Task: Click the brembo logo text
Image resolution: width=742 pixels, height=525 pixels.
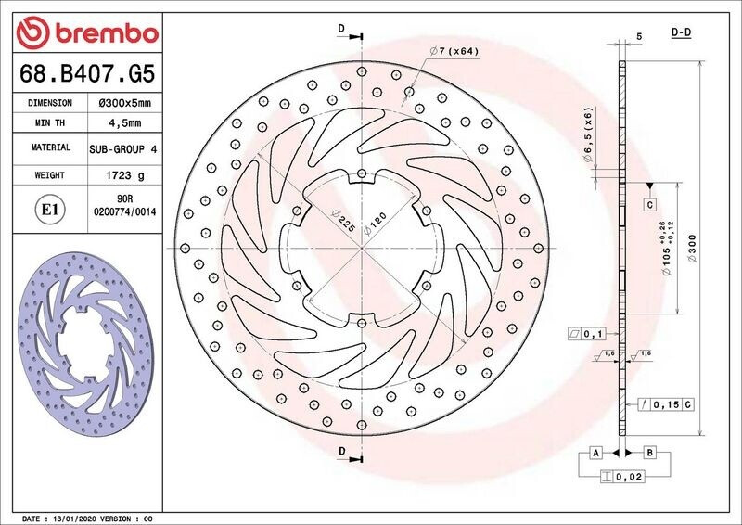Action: (107, 33)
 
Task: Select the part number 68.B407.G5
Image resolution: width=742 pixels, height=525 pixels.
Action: (87, 73)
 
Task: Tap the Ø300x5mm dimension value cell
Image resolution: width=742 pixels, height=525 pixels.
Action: (124, 103)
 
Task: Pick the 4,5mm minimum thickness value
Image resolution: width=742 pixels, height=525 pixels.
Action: (125, 123)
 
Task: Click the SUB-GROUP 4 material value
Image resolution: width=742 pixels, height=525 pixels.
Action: (123, 149)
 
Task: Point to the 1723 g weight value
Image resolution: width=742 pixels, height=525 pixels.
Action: (125, 175)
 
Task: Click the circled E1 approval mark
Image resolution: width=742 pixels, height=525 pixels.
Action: (50, 210)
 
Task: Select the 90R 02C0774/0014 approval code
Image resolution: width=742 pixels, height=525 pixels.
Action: (125, 206)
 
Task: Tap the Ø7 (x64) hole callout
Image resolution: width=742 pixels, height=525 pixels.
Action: (454, 51)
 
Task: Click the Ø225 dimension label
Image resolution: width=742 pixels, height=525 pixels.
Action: (343, 220)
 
